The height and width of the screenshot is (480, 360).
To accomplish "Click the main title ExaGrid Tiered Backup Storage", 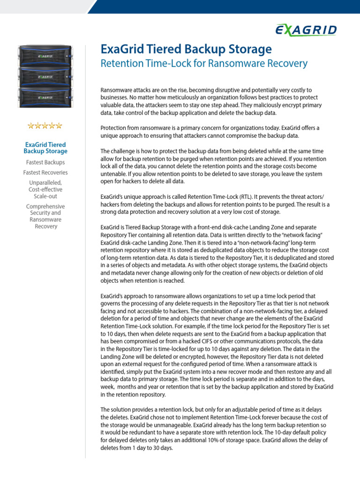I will coord(186,49).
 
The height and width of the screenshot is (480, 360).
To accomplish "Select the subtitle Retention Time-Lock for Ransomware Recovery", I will coord(204,63).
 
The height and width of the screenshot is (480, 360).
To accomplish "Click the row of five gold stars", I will coord(45,126).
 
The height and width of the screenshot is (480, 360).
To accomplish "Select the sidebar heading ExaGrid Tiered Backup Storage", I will coord(45,148).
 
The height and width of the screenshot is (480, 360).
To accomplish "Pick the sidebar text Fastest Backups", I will coord(45,162).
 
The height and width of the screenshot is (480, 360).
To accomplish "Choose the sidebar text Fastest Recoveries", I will coord(45,172).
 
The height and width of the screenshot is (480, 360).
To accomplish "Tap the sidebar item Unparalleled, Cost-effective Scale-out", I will coord(45,189).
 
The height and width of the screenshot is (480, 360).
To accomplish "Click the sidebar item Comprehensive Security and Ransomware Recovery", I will coord(45,217).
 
